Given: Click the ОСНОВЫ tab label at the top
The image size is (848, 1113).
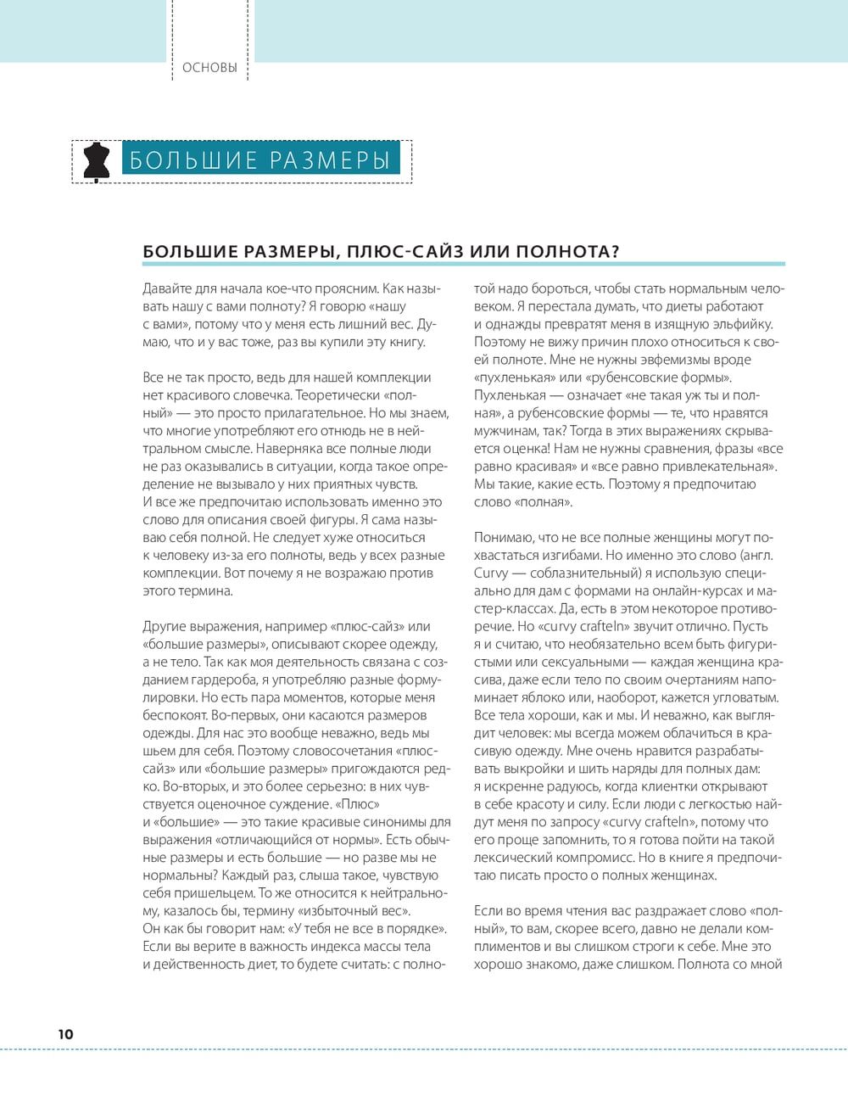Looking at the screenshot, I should [x=209, y=68].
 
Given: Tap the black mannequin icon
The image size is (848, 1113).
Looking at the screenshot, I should [x=97, y=161].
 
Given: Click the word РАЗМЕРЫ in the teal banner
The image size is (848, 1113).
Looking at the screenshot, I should [x=331, y=160].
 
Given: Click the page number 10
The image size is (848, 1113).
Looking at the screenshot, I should [x=65, y=1034].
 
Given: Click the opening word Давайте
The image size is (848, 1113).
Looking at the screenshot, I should [x=167, y=288].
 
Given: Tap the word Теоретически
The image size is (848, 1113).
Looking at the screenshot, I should [x=338, y=395].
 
